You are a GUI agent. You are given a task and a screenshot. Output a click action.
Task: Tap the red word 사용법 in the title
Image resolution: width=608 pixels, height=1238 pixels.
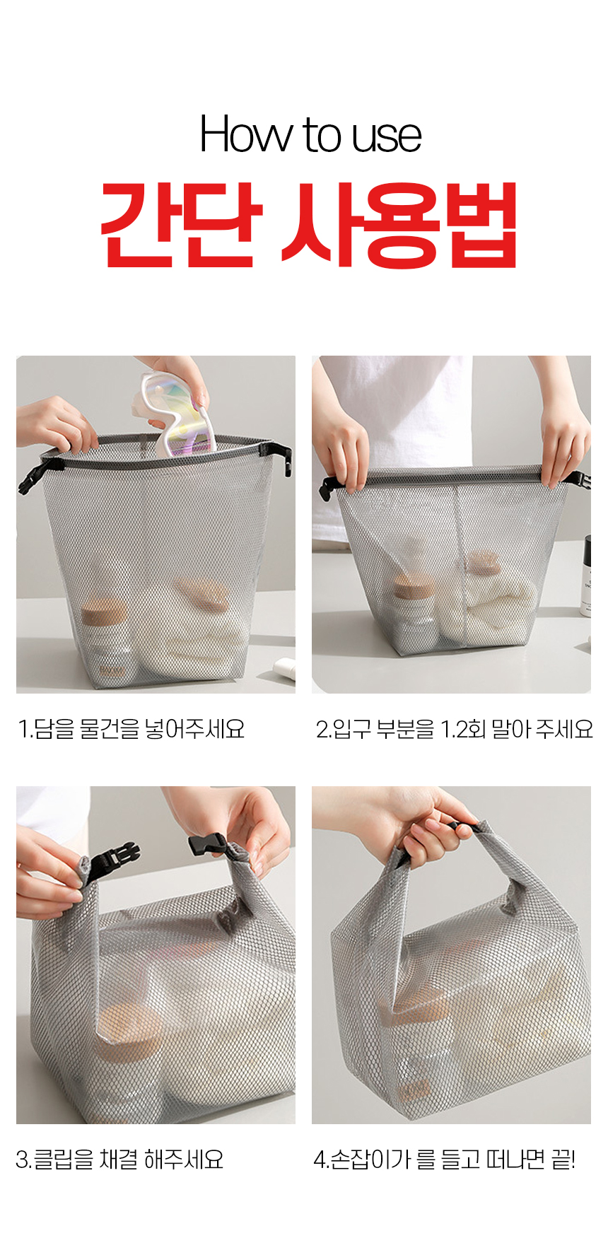(400, 225)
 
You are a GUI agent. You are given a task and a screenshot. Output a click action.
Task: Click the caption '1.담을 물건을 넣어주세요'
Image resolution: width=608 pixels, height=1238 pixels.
(131, 729)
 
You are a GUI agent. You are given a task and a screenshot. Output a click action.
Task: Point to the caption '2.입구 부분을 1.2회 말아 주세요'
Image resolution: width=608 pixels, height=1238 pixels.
(454, 729)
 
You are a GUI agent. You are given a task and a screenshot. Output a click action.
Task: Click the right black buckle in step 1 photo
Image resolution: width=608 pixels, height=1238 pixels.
(281, 456)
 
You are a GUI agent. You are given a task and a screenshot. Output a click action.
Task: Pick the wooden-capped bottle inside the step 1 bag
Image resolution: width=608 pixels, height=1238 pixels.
(106, 643)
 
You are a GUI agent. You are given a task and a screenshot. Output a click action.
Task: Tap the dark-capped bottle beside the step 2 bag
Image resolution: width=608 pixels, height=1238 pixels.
(586, 576)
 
